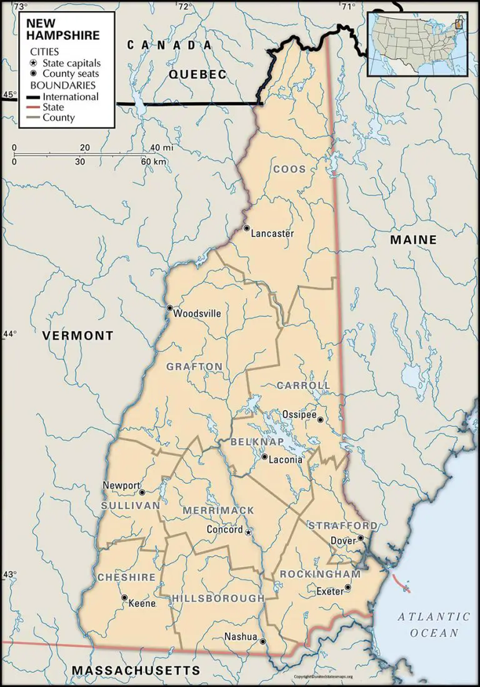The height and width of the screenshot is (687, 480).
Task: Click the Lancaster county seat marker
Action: click(x=247, y=228)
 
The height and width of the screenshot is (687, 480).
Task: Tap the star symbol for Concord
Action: click(x=248, y=532)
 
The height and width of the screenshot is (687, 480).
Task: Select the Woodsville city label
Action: click(x=197, y=314)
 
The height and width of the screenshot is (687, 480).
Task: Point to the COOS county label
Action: click(x=289, y=169)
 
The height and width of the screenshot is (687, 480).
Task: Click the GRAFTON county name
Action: click(x=194, y=366)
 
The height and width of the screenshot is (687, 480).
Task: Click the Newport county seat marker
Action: click(x=142, y=491)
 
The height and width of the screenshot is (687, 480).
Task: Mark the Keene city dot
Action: click(x=124, y=598)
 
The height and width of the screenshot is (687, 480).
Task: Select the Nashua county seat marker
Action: click(x=262, y=641)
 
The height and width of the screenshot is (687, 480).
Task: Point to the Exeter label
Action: click(x=329, y=591)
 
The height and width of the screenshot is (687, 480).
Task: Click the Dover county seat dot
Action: click(x=361, y=538)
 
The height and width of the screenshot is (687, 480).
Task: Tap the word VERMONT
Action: click(x=78, y=336)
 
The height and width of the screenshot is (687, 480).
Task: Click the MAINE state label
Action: click(x=413, y=239)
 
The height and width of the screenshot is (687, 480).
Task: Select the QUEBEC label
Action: click(x=197, y=74)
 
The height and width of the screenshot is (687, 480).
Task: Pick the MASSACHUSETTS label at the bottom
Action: click(x=136, y=671)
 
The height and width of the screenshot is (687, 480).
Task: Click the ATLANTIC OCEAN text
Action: click(x=434, y=624)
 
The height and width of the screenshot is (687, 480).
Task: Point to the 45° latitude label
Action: click(x=9, y=95)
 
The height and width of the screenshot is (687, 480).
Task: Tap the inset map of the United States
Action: click(x=416, y=43)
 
